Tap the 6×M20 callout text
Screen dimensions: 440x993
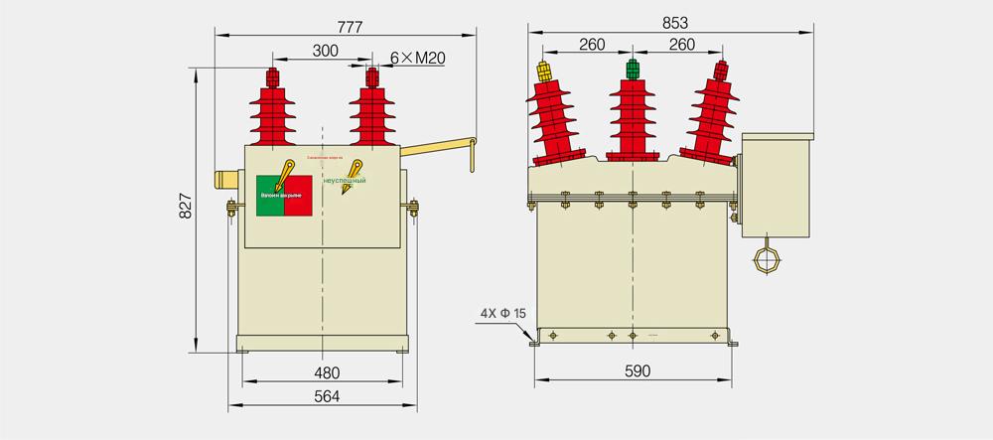click(417, 59)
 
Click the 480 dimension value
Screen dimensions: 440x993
click(327, 373)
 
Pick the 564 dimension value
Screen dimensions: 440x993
click(327, 396)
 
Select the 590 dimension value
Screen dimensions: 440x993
click(637, 371)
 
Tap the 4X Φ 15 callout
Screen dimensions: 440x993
click(502, 313)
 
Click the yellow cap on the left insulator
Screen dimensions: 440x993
click(544, 72)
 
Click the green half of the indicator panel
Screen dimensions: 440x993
click(270, 194)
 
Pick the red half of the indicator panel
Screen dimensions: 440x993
click(300, 194)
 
